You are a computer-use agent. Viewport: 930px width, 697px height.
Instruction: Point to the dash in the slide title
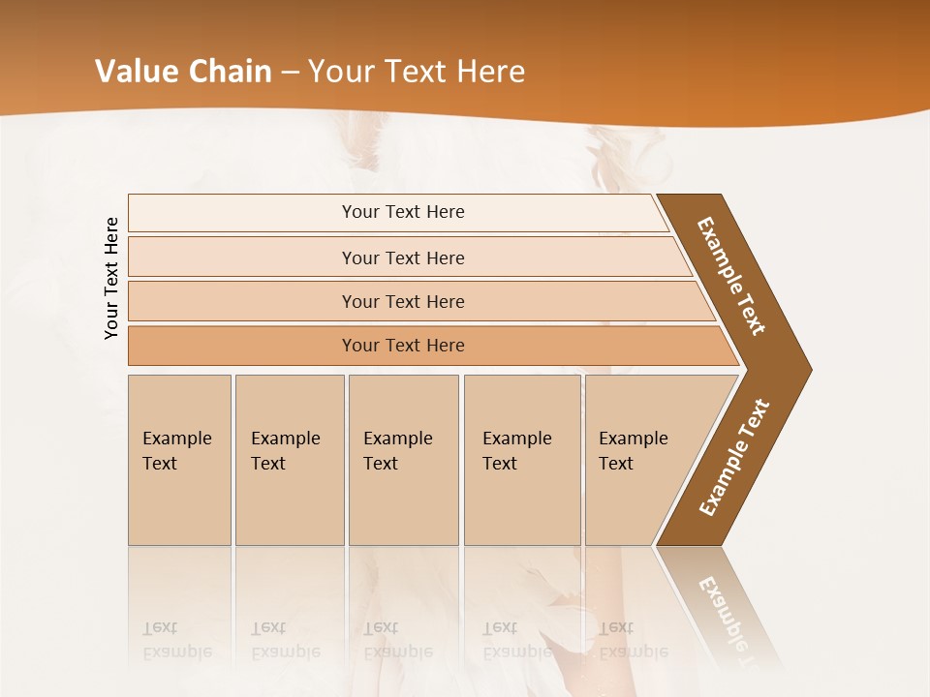point(290,73)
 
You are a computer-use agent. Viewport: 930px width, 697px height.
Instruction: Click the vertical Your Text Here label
point(111,278)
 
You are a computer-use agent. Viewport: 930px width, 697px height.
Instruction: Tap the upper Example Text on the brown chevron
point(731,276)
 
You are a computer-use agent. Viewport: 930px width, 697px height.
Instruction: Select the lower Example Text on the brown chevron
point(734,458)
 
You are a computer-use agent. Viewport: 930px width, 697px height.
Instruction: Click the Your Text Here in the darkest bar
point(403,346)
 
